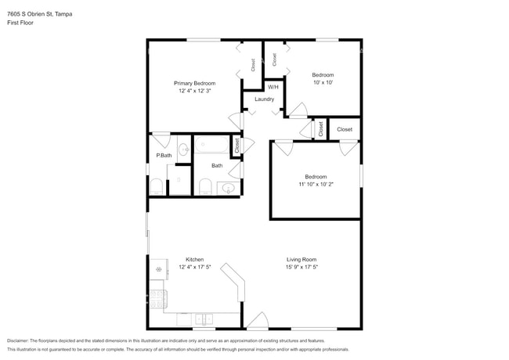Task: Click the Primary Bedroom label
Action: tap(194, 83)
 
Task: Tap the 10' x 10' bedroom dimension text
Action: tap(323, 82)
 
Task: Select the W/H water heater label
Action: tap(273, 87)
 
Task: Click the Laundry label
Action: tap(264, 99)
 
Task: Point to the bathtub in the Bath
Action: tap(211, 145)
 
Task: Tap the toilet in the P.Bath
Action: tap(156, 186)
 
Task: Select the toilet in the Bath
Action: tap(205, 186)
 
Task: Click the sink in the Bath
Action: tap(227, 188)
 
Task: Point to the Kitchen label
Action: tap(194, 259)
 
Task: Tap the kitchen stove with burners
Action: tap(157, 298)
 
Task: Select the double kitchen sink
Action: tap(203, 319)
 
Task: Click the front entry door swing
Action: tap(256, 321)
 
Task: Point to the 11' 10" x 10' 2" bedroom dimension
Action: tap(316, 185)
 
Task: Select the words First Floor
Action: tap(20, 23)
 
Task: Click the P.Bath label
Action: tap(164, 155)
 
